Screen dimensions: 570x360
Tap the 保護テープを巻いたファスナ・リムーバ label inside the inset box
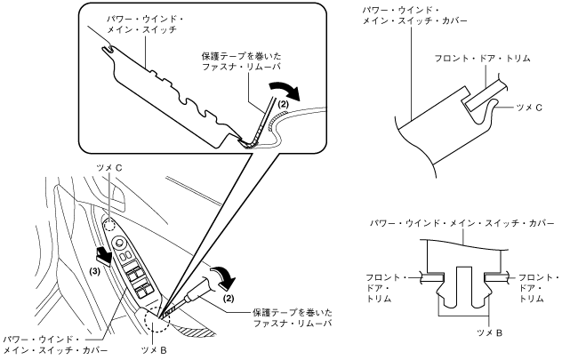(241, 61)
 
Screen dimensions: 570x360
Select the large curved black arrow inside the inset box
(285, 91)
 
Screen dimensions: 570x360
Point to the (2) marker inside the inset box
(283, 105)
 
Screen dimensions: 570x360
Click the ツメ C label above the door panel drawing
(109, 168)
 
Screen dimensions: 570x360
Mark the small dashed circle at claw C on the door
(109, 225)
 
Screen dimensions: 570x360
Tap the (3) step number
(95, 271)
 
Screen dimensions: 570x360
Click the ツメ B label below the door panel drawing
(154, 350)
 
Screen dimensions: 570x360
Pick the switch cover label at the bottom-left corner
(56, 345)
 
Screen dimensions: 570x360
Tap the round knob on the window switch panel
(119, 243)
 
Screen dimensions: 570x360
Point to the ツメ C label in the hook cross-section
(529, 108)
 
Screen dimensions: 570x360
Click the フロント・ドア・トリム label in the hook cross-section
(483, 58)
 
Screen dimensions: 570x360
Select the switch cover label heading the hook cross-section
(414, 15)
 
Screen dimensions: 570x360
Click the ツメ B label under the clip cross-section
(489, 332)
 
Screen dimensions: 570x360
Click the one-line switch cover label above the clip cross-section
(462, 223)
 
